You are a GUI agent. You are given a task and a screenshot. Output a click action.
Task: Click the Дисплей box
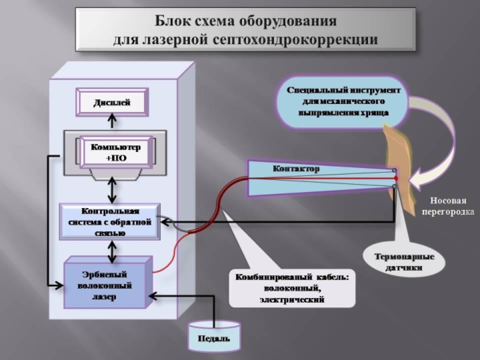coord(112,103)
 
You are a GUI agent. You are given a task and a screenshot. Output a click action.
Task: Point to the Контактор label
coord(296,170)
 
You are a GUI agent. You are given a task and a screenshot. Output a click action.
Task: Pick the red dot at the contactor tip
coord(395,178)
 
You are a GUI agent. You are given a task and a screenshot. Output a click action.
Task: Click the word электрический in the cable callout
coord(292,298)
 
